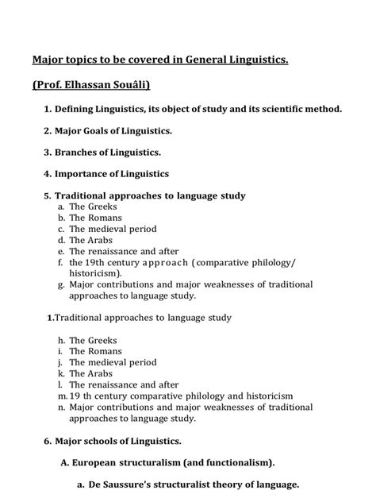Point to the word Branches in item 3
coord(79,151)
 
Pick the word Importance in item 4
coord(84,173)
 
